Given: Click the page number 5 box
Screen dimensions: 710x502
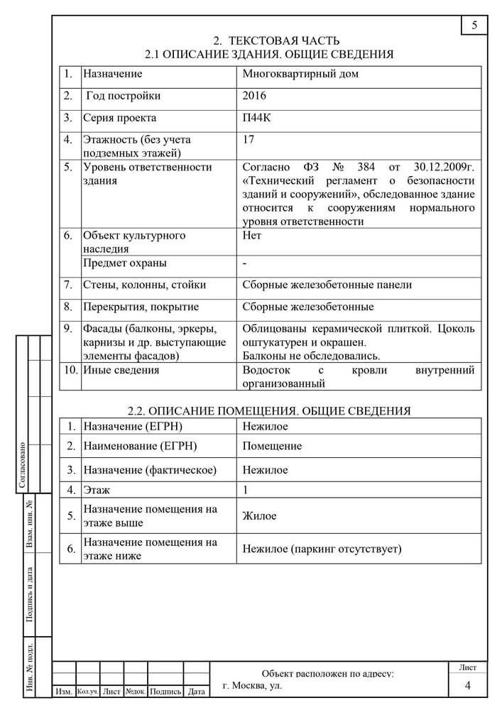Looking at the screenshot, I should tap(474, 26).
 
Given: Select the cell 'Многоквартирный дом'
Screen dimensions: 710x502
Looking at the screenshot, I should tap(300, 73).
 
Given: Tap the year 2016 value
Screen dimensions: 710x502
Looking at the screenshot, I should tap(254, 96).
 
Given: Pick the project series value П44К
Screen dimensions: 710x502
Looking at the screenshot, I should tap(256, 118).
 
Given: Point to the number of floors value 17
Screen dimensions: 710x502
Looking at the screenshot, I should tap(249, 140).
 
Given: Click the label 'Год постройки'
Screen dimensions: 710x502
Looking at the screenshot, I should tap(123, 96).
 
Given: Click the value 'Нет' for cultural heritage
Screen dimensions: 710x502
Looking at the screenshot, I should tap(252, 235).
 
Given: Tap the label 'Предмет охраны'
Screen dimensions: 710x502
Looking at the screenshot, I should tap(125, 263).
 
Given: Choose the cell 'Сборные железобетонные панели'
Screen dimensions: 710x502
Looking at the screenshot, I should tap(327, 285).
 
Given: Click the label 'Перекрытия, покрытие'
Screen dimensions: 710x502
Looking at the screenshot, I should tap(141, 307).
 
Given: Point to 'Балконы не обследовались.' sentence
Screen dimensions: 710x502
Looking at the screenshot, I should tap(311, 356).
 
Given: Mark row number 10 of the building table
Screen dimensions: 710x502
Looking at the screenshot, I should tap(70, 370).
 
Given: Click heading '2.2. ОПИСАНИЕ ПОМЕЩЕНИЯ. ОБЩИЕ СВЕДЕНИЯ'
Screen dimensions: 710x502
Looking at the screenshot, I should tap(269, 410).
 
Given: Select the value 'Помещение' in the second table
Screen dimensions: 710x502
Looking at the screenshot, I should tap(272, 446).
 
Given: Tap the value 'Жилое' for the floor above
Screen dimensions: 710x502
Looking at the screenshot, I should tap(259, 516).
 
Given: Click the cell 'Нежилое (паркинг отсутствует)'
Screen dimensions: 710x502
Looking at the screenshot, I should tap(322, 549).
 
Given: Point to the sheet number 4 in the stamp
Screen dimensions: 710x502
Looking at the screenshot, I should tap(467, 685).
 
